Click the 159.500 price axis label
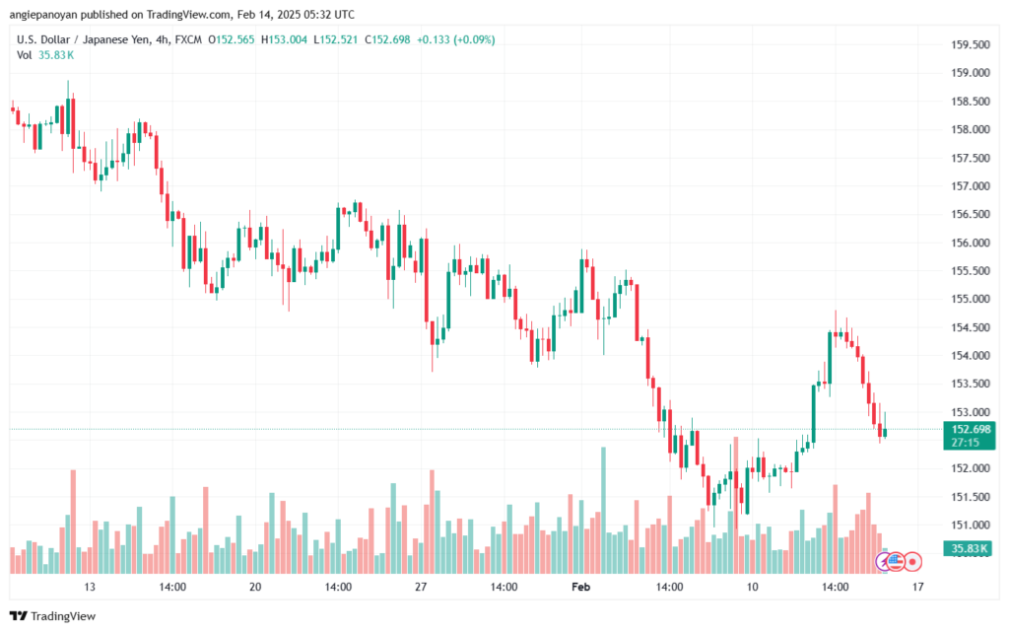point(966,44)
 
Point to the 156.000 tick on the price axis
point(966,243)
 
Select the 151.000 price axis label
point(966,525)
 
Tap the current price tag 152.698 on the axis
point(968,429)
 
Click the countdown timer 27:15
point(966,443)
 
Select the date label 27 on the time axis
point(420,587)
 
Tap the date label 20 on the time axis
point(255,587)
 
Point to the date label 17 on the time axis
point(917,587)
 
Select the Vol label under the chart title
point(25,54)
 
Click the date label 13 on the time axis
point(90,587)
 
